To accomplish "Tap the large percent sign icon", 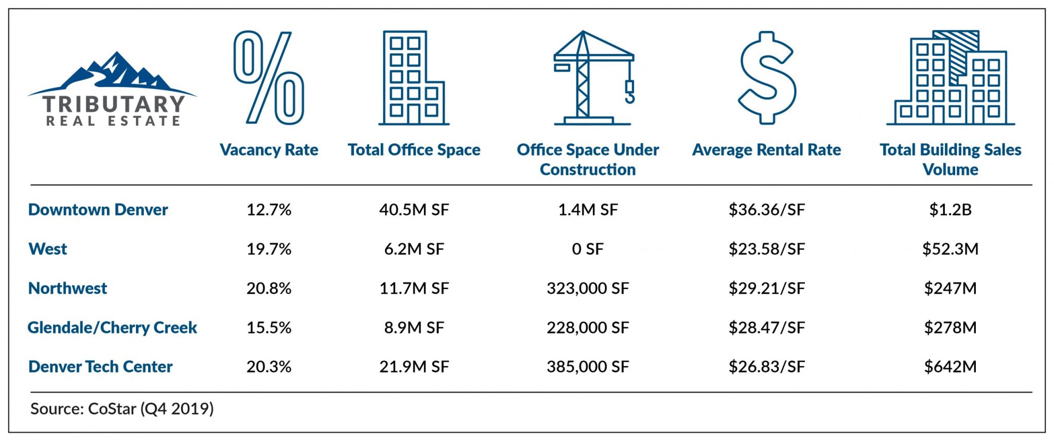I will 269,77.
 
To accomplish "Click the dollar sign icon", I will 767,77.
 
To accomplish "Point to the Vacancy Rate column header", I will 269,150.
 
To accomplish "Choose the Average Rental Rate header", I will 766,150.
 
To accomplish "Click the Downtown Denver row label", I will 98,210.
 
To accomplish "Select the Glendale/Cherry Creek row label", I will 112,328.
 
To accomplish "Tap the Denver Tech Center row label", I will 100,367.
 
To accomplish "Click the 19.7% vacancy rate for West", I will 269,249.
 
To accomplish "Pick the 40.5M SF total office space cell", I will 414,210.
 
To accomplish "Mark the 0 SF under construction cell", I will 587,249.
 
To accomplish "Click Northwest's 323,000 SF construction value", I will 587,288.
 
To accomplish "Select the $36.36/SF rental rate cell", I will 766,210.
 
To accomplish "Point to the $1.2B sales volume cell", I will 950,210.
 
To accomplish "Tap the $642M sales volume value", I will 950,367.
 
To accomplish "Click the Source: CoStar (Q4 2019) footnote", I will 122,409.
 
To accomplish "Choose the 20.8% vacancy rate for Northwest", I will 269,288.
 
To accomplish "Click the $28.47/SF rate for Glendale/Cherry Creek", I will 766,328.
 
